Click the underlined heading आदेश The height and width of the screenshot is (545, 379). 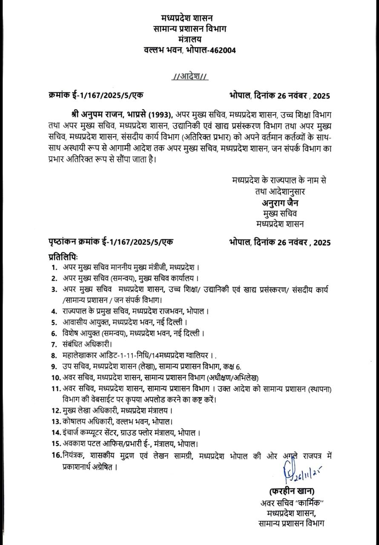point(189,77)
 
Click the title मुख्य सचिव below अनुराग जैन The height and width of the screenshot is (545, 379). point(280,213)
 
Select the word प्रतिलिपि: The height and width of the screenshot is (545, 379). point(63,257)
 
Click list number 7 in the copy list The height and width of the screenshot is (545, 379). point(54,344)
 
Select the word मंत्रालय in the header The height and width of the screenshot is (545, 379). point(189,39)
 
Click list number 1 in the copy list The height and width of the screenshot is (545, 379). point(54,267)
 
